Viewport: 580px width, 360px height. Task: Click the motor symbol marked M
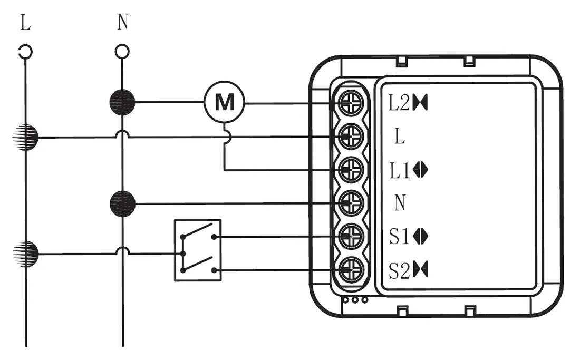225,103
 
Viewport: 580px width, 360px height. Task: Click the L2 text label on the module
400,103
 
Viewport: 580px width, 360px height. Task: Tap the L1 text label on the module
400,170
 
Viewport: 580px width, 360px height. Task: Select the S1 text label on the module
400,237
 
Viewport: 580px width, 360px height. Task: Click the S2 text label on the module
400,271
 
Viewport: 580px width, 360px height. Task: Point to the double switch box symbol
198,250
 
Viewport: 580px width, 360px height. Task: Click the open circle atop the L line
25,52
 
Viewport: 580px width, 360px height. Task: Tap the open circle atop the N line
122,52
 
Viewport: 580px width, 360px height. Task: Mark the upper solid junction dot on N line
122,102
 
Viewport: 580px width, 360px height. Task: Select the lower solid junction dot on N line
122,203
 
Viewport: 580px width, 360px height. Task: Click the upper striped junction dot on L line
25,137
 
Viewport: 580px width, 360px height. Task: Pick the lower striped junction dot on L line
25,254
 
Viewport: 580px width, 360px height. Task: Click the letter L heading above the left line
25,24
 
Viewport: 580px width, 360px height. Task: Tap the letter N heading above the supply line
122,24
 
